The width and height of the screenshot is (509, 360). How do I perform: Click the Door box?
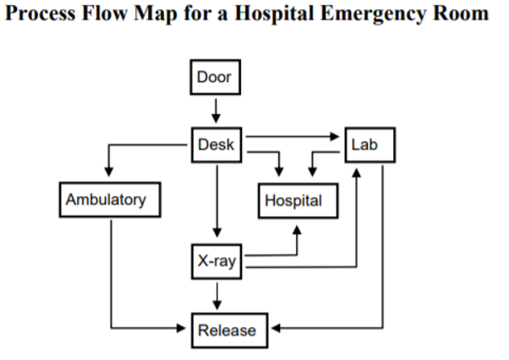214,79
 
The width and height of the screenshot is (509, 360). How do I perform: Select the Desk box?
216,145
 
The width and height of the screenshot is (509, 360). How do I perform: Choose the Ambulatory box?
106,200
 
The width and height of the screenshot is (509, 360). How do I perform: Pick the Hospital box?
293,201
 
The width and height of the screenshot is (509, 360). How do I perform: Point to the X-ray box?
217,262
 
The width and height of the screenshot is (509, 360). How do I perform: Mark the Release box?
226,330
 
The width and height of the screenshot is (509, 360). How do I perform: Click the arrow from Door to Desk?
216,110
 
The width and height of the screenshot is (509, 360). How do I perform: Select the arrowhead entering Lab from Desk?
337,135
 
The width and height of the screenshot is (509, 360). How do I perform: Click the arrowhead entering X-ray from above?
217,232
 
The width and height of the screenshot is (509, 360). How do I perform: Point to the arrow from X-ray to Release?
218,295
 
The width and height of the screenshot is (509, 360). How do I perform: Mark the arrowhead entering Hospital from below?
298,227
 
